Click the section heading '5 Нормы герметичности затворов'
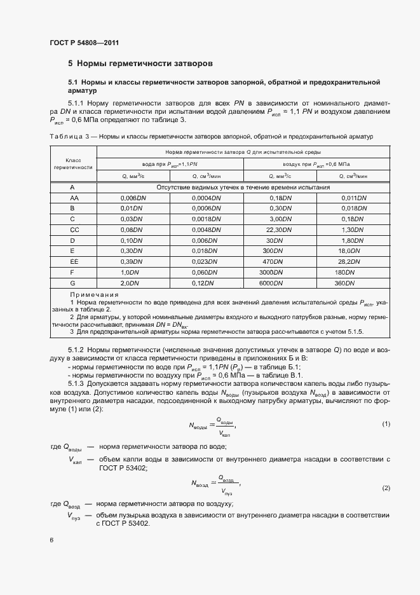(140, 64)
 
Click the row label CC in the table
(73, 229)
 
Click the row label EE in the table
(73, 261)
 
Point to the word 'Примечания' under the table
(95, 294)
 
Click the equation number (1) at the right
(386, 424)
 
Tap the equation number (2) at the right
(386, 488)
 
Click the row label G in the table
(73, 282)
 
